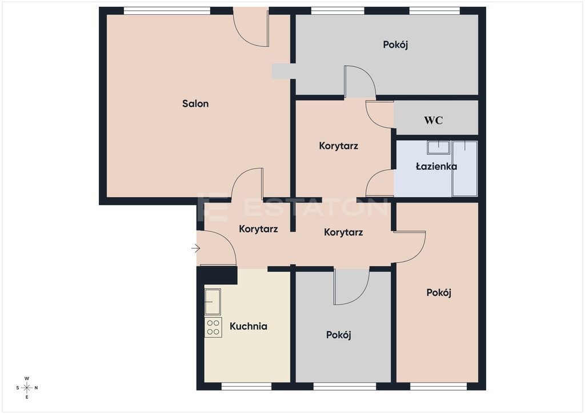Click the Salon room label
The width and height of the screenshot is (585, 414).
195,103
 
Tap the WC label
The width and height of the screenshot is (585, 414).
433,120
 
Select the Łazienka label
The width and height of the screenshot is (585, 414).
436,166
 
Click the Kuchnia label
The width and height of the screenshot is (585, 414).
248,327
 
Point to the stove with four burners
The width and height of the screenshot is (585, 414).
213,328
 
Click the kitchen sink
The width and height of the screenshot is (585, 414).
213,301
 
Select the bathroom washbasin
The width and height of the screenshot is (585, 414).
438,148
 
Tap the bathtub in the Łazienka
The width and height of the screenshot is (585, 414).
464,168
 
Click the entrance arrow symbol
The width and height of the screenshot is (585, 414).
196,248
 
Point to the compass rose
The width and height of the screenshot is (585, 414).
27,388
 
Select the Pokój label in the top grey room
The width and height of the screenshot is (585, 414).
395,45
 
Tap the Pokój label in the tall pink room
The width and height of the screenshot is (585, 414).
439,293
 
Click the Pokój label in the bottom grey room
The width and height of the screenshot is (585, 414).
338,335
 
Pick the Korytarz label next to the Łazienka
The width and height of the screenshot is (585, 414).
338,146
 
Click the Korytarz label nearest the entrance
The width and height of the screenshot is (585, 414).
258,229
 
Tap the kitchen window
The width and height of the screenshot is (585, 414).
246,386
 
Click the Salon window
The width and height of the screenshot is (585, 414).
167,11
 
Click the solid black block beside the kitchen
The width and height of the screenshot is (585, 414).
217,276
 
